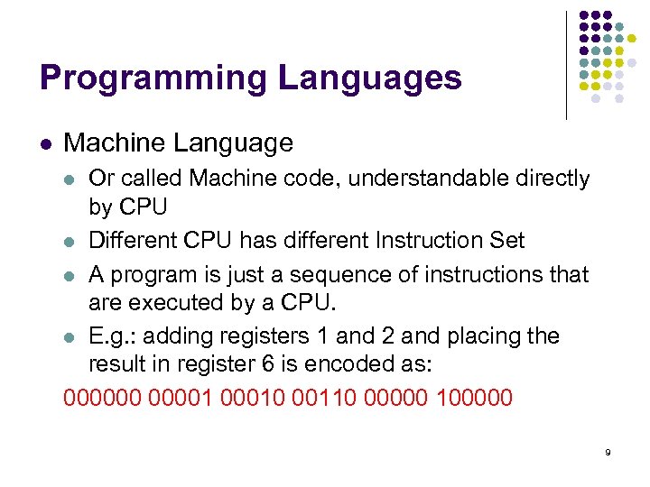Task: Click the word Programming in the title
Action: (153, 78)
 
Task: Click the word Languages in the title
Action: (370, 78)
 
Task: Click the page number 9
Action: (608, 451)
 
